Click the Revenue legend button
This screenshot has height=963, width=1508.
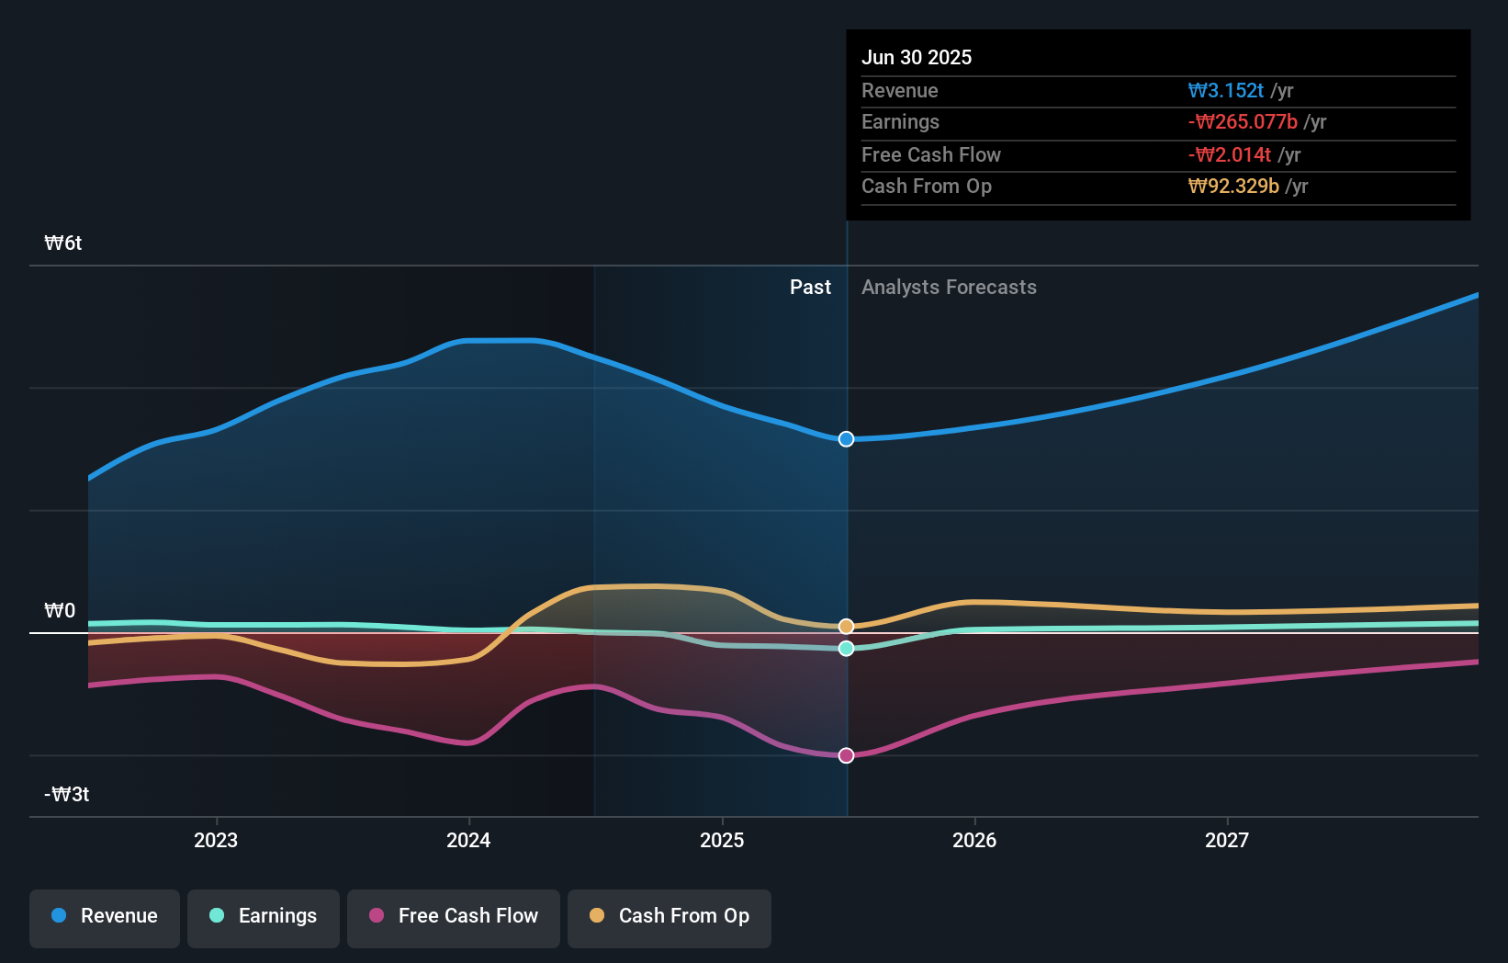pos(105,917)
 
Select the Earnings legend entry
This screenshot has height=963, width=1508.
pos(264,917)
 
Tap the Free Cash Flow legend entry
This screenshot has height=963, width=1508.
pos(454,917)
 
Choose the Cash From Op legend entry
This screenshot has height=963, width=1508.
pos(670,917)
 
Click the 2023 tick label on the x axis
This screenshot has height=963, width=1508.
pos(216,841)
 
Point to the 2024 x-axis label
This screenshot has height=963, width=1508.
pos(468,841)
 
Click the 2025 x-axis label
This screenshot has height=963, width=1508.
pos(722,841)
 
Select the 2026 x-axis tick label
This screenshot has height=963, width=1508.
pos(974,841)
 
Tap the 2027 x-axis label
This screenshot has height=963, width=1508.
pos(1227,841)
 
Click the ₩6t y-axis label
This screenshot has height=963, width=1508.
pos(63,244)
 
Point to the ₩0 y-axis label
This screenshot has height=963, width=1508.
pos(60,611)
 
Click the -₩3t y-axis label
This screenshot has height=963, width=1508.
pos(67,795)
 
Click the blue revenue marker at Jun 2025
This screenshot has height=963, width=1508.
pos(847,439)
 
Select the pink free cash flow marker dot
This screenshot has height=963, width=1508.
pos(847,755)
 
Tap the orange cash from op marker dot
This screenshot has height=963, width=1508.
pos(847,627)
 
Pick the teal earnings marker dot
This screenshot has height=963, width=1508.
pos(847,649)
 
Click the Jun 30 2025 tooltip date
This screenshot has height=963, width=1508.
pos(917,58)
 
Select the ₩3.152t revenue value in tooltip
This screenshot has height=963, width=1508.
pos(1226,91)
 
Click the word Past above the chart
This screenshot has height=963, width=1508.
pos(810,288)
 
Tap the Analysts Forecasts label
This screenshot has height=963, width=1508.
pos(949,288)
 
